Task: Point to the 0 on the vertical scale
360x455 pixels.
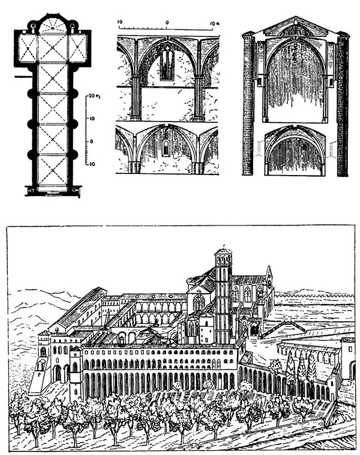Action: pos(92,141)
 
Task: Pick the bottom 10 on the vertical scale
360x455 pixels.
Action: pos(92,162)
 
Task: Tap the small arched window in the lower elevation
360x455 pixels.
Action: pos(166,148)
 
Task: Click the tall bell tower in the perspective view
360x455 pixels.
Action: pos(224,294)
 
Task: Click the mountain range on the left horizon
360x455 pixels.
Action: pos(36,300)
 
